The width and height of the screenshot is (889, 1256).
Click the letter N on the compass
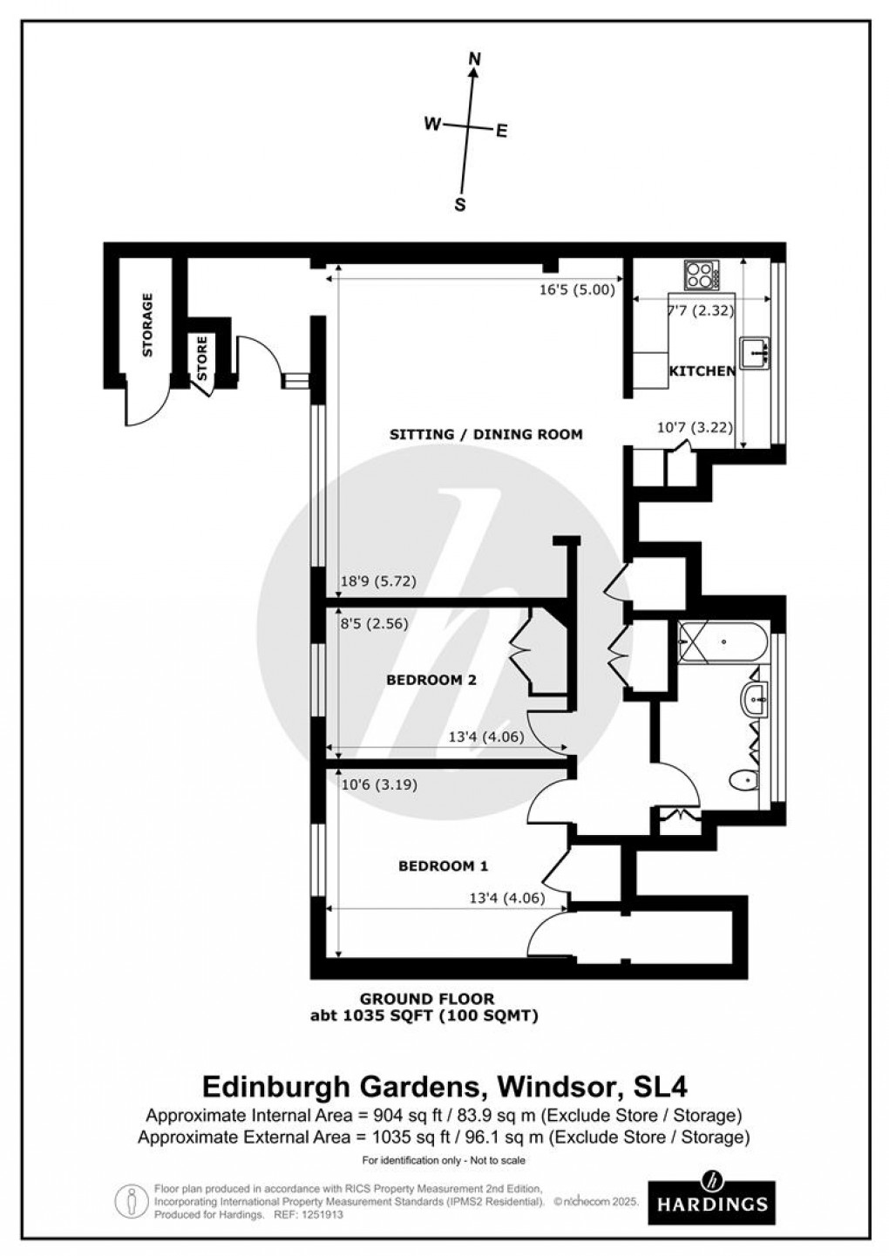475,58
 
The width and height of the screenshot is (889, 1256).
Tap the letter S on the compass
460,205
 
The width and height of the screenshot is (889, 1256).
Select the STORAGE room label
147,325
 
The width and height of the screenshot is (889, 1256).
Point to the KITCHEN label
702,371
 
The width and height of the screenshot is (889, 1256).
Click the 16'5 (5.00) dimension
578,290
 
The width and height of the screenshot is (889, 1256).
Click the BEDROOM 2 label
431,680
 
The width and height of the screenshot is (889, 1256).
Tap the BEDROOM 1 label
443,866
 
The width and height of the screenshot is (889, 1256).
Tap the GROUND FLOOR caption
429,999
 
